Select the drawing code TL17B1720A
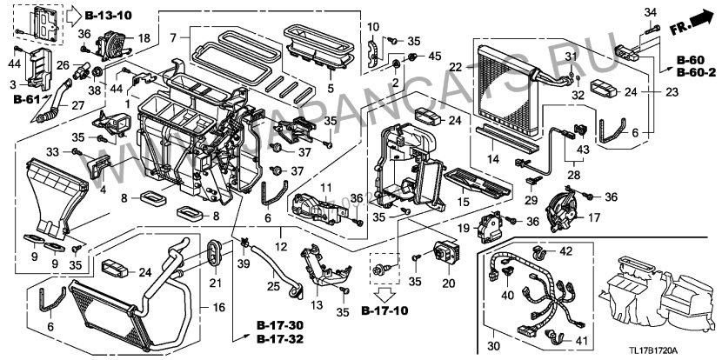tap(683, 349)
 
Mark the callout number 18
tap(144, 39)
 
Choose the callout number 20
tap(450, 282)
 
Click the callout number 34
tap(650, 11)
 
